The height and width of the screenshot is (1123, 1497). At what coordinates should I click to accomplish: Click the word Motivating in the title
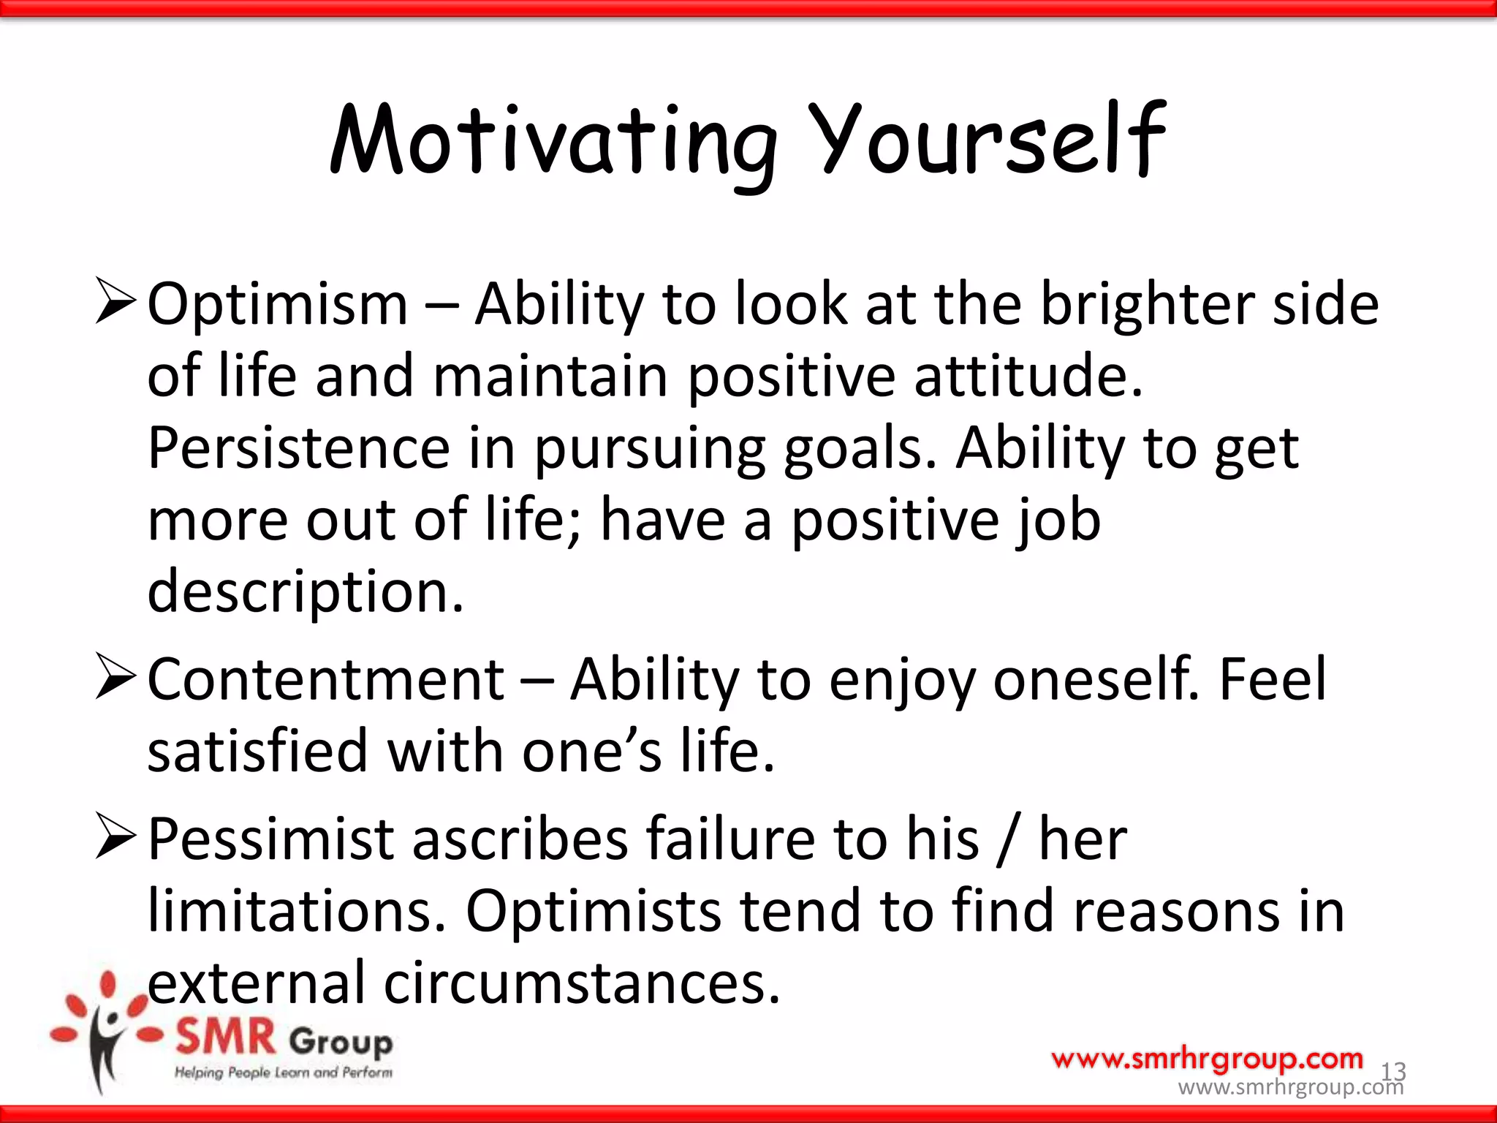click(x=553, y=143)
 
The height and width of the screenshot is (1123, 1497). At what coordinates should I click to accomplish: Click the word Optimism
click(x=277, y=305)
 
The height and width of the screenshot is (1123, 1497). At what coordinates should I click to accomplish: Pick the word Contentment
click(x=325, y=680)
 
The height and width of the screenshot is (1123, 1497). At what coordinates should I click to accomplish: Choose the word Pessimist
click(x=270, y=839)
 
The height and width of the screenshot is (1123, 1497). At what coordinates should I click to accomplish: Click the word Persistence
click(x=298, y=447)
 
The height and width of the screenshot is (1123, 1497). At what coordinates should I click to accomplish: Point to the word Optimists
click(x=593, y=912)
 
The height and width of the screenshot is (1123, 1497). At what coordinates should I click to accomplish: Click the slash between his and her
click(x=1008, y=841)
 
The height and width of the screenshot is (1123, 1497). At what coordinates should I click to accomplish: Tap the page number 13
click(x=1392, y=1071)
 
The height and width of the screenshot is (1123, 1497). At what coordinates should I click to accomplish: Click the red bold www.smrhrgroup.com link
click(x=1207, y=1059)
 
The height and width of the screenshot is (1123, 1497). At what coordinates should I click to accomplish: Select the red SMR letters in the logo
click(x=225, y=1038)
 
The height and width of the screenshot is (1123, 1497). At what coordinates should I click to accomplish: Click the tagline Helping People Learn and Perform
click(x=283, y=1073)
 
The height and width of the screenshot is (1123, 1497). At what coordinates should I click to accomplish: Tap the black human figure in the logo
click(x=105, y=1046)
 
